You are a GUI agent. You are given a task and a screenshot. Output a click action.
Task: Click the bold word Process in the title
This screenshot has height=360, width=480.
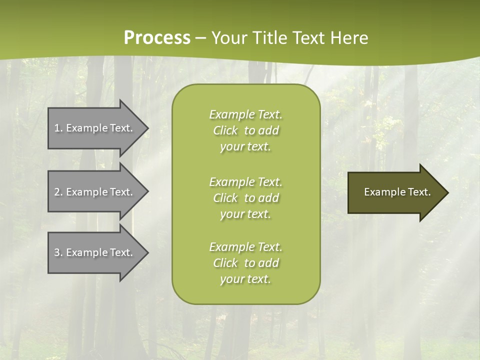[157, 37]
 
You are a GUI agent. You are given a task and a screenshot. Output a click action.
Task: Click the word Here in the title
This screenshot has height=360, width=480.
[349, 37]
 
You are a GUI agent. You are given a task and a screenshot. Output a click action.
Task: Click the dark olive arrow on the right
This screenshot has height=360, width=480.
[395, 192]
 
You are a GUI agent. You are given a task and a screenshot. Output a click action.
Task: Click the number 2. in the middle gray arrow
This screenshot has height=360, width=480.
[58, 192]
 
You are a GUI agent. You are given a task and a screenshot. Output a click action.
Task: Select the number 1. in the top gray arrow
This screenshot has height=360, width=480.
[58, 128]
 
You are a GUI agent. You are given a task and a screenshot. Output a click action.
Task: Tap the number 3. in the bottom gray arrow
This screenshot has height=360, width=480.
[58, 252]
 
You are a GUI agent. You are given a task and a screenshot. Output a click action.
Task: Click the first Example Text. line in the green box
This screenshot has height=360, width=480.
[246, 114]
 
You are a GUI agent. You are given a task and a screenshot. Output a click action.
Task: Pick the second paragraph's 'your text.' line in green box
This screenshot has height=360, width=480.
[245, 214]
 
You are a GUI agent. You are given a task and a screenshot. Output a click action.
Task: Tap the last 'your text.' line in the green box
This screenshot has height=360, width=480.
[245, 279]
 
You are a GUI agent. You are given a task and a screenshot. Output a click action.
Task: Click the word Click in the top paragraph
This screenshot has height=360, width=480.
[225, 130]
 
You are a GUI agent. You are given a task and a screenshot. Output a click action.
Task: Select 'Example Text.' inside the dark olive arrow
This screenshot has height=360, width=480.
[397, 192]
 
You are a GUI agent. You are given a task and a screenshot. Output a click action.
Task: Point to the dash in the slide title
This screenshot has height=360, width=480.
[200, 38]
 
